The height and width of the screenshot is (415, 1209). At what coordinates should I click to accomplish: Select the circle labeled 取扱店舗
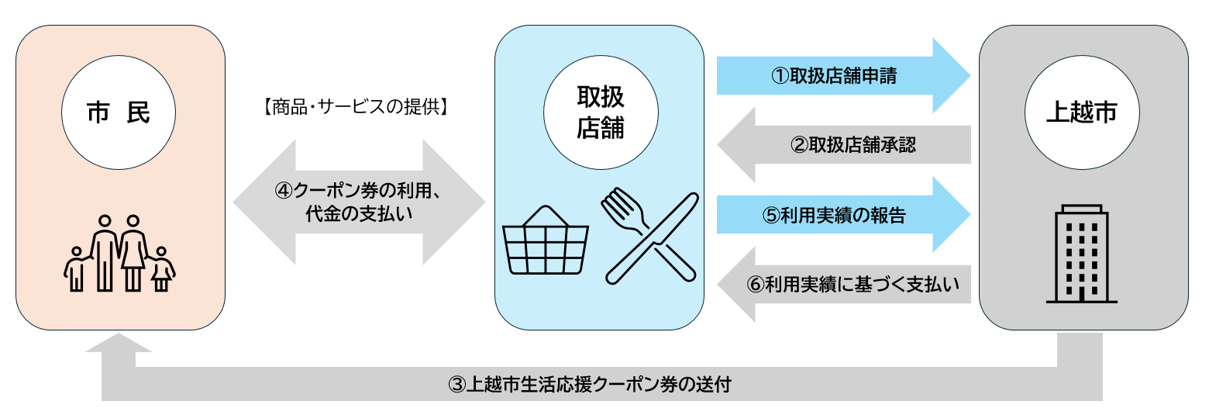601,113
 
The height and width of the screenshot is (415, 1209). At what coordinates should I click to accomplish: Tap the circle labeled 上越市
1082,113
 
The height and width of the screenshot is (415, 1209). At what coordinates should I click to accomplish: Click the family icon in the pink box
119,253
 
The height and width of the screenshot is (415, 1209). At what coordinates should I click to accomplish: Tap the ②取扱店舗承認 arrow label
852,145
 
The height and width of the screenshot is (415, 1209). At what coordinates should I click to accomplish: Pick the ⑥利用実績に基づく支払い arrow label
852,285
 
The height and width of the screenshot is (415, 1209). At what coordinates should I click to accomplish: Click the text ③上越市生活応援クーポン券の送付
590,385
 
